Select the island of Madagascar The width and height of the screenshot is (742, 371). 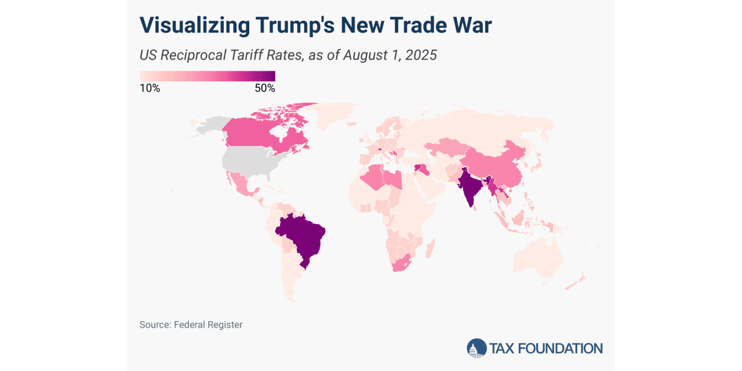(x=430, y=250)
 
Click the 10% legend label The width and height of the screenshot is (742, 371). (x=150, y=89)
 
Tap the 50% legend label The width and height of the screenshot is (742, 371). (x=264, y=89)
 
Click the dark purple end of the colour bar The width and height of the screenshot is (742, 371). (x=270, y=76)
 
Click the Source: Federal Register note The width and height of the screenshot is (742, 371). (x=191, y=325)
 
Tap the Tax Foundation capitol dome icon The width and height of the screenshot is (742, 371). (x=477, y=348)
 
